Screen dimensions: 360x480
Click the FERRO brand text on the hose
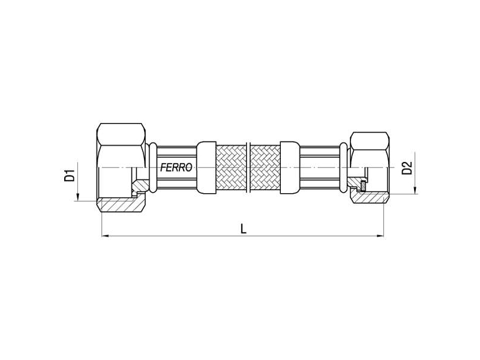click(176, 169)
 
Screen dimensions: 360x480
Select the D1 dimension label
click(70, 176)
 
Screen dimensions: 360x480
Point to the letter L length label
click(242, 229)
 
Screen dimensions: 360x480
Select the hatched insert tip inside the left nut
click(139, 187)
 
